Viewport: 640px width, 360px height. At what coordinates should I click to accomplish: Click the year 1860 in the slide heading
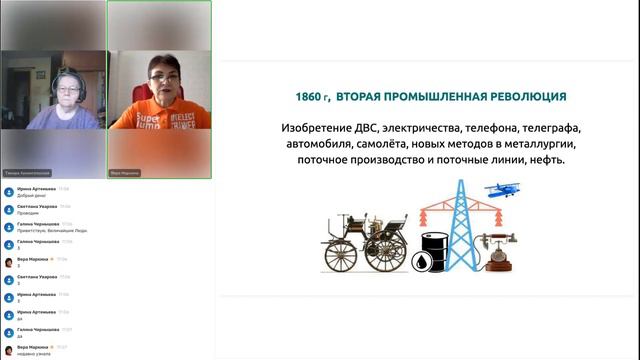click(308, 97)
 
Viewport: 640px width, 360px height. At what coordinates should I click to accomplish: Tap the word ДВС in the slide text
click(368, 129)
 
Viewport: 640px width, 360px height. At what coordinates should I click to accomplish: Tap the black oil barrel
click(434, 252)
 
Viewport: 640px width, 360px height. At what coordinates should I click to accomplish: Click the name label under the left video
click(27, 172)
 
